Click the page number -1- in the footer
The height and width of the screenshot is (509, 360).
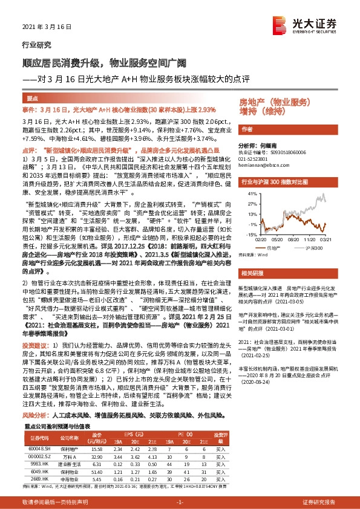180,502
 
